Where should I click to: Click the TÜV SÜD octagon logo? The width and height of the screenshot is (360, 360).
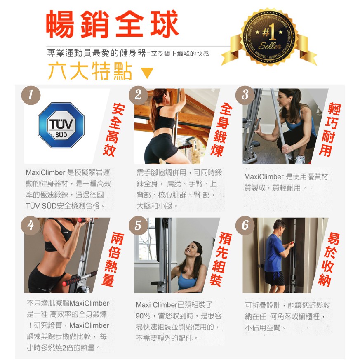click(61, 125)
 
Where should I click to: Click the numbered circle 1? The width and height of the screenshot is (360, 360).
click(31, 95)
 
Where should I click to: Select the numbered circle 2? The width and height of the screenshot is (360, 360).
click(138, 95)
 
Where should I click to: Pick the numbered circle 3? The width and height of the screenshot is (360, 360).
click(245, 95)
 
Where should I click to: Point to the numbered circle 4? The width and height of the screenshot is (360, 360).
click(31, 226)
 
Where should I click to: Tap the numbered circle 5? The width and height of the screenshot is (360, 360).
click(138, 226)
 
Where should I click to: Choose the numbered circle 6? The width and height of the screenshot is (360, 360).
click(245, 226)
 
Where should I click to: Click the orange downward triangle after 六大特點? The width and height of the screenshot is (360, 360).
click(147, 73)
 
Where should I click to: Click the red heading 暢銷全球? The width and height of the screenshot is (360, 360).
click(113, 24)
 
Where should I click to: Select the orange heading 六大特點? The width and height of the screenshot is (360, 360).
click(90, 71)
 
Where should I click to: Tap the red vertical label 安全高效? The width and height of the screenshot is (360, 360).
click(114, 130)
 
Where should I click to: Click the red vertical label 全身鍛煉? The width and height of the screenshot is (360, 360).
click(221, 130)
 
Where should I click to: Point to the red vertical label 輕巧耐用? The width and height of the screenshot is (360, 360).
click(330, 130)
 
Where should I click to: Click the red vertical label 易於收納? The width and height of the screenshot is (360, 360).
click(329, 260)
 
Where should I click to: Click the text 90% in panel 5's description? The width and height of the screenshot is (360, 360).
click(143, 316)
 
